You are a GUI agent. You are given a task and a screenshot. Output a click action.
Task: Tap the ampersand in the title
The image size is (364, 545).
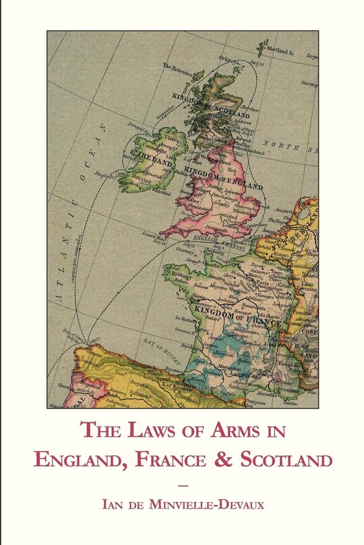pyautogui.click(x=220, y=460)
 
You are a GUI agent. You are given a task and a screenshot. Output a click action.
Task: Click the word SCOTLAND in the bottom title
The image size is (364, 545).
pyautogui.click(x=282, y=460)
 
